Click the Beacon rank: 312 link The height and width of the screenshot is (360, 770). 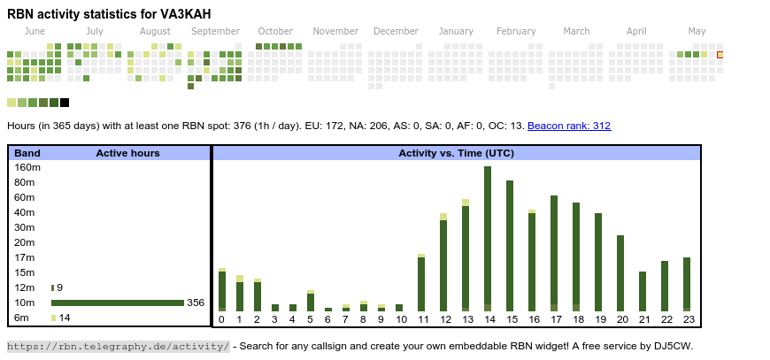tap(569, 126)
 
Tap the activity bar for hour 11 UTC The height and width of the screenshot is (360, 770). tap(421, 283)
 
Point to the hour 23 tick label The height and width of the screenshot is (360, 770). tap(687, 319)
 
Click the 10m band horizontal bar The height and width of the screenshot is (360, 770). tap(117, 303)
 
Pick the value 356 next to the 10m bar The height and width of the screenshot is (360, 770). tap(196, 303)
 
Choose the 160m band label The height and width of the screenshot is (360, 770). tap(27, 167)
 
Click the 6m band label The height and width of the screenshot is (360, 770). tap(22, 318)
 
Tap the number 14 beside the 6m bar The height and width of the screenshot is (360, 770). tap(65, 318)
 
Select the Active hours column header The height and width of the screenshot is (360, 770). tap(127, 153)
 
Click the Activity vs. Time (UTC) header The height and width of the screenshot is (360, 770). tap(456, 153)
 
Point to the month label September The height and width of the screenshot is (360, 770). tap(215, 32)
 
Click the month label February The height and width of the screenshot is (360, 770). tap(516, 32)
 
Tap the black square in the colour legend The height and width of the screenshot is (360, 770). tap(65, 103)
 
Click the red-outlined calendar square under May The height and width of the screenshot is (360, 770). tap(720, 55)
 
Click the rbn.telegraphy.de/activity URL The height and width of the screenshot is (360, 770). tap(119, 346)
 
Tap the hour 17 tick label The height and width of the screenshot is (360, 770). tap(554, 319)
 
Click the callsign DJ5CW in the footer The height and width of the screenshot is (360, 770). tap(675, 346)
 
